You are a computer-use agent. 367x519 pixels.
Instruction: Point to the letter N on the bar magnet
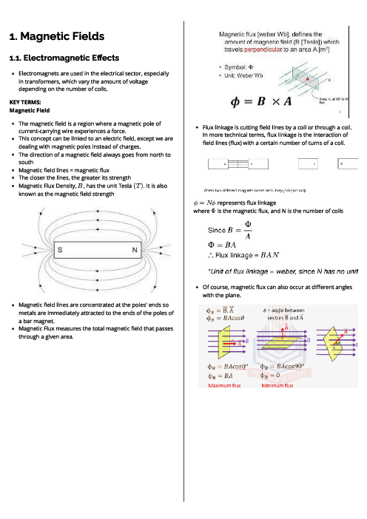[x=134, y=251]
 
